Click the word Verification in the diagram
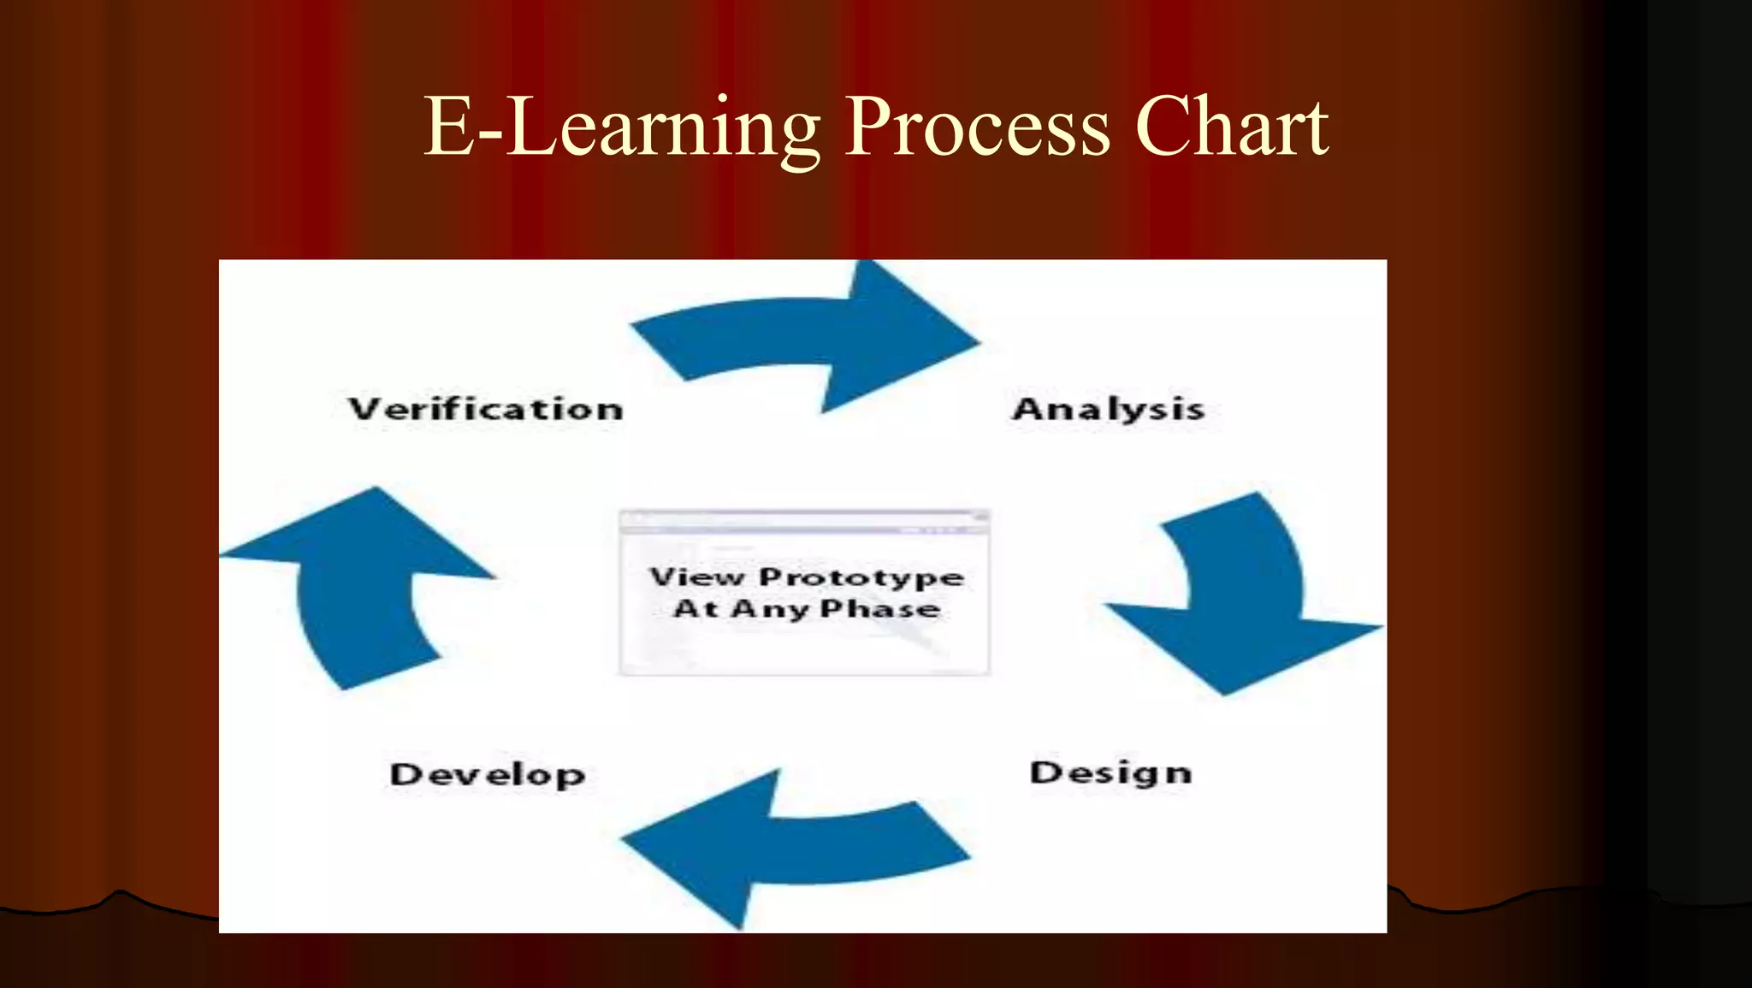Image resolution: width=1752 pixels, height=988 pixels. [485, 409]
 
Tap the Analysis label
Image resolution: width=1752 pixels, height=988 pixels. [1109, 409]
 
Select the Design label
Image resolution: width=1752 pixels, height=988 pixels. [1110, 772]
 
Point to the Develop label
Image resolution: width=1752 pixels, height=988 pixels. [488, 774]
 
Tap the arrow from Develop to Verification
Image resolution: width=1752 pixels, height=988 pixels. [359, 590]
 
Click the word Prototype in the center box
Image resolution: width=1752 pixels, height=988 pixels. [861, 577]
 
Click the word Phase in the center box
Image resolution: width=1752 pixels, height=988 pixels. [880, 609]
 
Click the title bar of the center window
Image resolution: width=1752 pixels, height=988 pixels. [804, 518]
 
